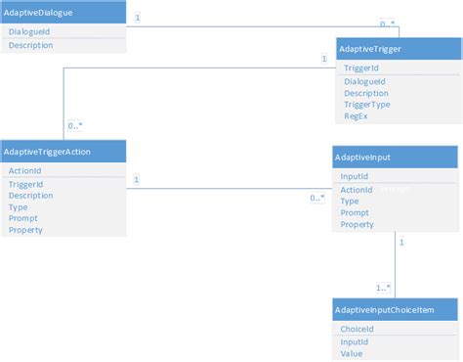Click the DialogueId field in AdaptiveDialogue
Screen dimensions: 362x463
28,32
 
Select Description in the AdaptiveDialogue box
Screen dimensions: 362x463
30,45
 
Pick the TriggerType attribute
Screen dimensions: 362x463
367,105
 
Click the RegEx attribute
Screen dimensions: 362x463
356,116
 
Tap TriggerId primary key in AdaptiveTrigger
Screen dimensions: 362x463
361,68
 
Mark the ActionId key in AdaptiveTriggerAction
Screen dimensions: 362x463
24,171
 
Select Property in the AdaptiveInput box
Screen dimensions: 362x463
357,225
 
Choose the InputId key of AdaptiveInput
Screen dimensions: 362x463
354,177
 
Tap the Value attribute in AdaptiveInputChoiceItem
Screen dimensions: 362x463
352,355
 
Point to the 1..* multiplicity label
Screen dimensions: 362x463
383,288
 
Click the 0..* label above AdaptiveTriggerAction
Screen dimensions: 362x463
74,126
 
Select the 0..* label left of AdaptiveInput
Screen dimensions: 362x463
316,198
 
